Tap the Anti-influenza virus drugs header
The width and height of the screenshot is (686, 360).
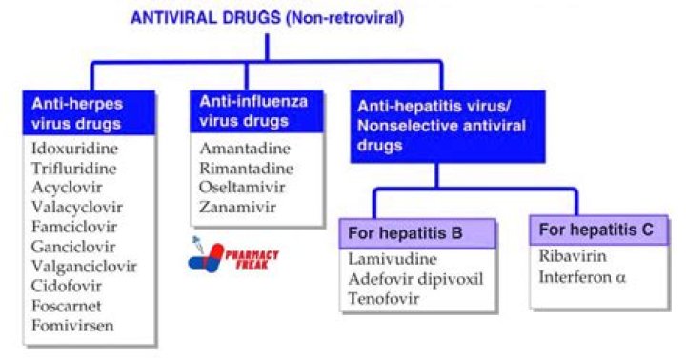click(252, 110)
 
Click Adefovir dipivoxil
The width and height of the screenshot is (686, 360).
click(415, 278)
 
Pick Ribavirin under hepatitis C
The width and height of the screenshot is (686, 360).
click(571, 256)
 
